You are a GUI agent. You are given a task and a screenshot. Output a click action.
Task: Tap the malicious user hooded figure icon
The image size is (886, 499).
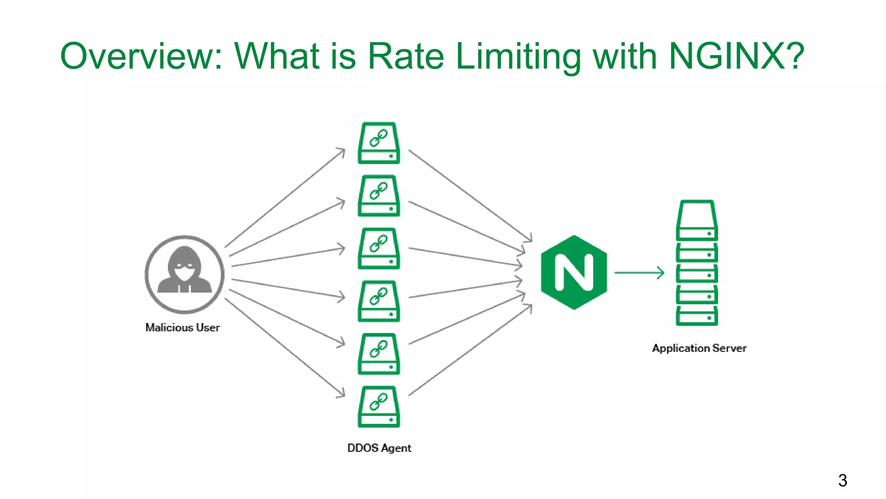(184, 274)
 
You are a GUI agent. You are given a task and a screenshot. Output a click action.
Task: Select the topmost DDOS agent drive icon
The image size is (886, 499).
(379, 143)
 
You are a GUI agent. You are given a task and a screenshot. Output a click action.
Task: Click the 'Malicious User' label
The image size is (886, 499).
(182, 327)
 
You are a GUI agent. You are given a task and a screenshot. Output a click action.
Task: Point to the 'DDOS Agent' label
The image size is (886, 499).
(379, 448)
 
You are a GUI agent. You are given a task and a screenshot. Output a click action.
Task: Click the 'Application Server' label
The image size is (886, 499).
(699, 348)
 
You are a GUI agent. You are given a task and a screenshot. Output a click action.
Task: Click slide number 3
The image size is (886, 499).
(842, 480)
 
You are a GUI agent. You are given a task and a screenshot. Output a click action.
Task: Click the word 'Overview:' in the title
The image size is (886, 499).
(141, 56)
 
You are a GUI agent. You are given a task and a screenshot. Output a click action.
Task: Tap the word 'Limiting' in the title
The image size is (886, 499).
(518, 56)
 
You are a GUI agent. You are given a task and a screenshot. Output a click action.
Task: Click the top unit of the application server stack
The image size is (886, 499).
(697, 220)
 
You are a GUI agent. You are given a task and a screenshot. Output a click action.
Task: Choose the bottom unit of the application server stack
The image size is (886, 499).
(697, 317)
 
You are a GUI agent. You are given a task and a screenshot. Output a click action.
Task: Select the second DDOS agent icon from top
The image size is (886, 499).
(379, 196)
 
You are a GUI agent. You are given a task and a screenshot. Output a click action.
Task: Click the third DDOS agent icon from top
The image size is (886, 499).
(379, 249)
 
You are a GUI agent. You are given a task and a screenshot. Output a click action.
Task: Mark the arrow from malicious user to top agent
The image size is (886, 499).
(285, 198)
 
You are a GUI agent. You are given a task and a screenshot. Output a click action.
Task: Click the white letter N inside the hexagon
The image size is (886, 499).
(574, 272)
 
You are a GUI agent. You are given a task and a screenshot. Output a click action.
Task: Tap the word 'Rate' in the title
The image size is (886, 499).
(405, 56)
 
